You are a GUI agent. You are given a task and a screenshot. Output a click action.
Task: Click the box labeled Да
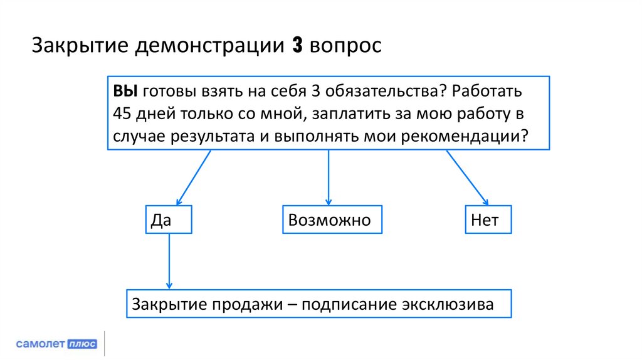point(169,220)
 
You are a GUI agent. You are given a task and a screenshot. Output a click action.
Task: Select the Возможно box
point(332,220)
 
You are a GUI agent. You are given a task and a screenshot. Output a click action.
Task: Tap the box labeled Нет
point(488,220)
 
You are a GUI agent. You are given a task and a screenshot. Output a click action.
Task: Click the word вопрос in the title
point(345,48)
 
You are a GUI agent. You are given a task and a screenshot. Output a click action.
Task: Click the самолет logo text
point(40,344)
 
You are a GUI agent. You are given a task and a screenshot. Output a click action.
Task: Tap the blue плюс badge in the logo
point(82,344)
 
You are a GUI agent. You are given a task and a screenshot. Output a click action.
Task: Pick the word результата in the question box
point(212,136)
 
